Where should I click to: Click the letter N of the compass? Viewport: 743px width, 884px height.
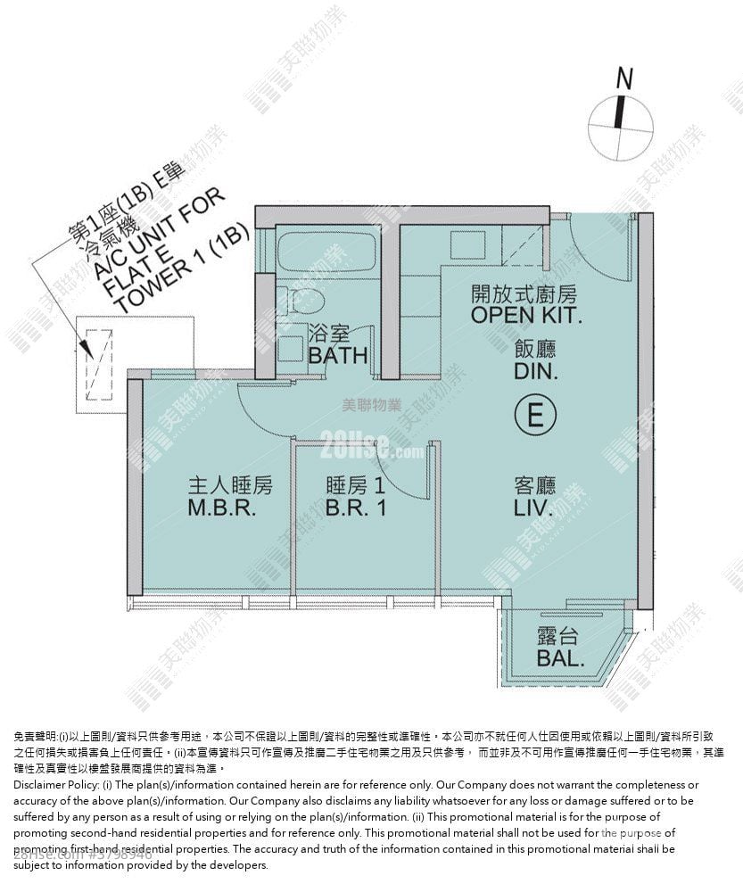tap(623, 78)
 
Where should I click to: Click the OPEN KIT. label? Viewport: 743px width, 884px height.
tap(525, 315)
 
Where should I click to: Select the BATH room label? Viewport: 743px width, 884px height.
tap(337, 355)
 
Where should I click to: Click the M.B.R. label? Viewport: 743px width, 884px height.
tap(222, 510)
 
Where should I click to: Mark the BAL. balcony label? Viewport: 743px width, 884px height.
tap(561, 660)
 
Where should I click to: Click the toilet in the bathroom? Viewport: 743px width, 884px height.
tap(305, 300)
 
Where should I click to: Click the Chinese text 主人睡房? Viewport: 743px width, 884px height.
tap(229, 486)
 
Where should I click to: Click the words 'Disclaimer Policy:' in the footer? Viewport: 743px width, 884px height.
tap(57, 784)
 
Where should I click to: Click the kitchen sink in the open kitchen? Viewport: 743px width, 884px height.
tap(465, 244)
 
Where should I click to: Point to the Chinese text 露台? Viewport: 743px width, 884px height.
tap(559, 637)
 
